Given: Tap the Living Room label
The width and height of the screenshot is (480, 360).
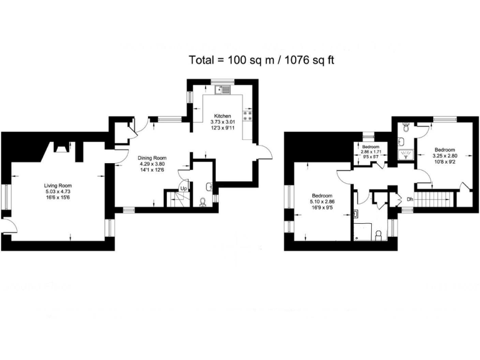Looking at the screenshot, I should (58, 186).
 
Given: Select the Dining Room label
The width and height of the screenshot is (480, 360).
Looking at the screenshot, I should (152, 158).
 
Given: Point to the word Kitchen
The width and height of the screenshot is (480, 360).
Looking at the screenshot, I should (223, 116).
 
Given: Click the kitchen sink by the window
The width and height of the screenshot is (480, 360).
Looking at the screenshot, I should (222, 90).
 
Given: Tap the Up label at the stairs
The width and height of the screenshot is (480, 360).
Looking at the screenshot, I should (184, 188).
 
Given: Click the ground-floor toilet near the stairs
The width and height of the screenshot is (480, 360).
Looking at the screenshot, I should (202, 201).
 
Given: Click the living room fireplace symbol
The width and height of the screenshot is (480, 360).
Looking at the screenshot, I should (62, 148).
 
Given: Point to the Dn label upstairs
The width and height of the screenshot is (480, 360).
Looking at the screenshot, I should (410, 199).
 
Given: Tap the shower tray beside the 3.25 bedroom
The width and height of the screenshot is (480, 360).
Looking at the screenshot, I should (405, 152).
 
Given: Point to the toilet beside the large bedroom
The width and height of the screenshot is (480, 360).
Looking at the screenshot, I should (378, 234).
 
